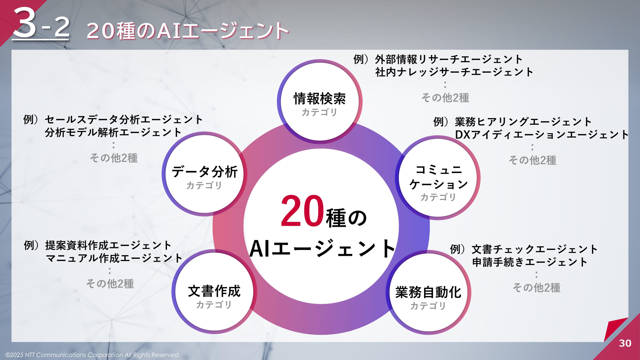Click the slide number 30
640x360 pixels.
[625, 343]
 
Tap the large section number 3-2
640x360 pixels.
[41, 23]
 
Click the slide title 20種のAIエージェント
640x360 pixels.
[188, 31]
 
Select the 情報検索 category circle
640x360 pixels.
[320, 101]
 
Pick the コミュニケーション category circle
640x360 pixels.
[438, 178]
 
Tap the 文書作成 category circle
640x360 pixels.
[214, 292]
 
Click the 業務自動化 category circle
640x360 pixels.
[428, 292]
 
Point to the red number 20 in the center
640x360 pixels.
[302, 211]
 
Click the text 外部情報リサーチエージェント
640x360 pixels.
[449, 59]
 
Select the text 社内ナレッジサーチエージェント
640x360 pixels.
[454, 72]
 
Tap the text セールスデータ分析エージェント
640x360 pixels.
[124, 119]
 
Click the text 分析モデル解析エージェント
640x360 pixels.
[113, 132]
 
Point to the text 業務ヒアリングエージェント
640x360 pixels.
[523, 122]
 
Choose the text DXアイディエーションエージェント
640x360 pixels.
[542, 135]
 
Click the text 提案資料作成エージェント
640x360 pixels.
[108, 245]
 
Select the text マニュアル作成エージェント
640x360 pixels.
[114, 258]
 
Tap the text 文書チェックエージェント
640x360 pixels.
[535, 249]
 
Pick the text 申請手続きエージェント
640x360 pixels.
[530, 262]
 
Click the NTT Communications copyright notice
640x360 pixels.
[93, 355]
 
